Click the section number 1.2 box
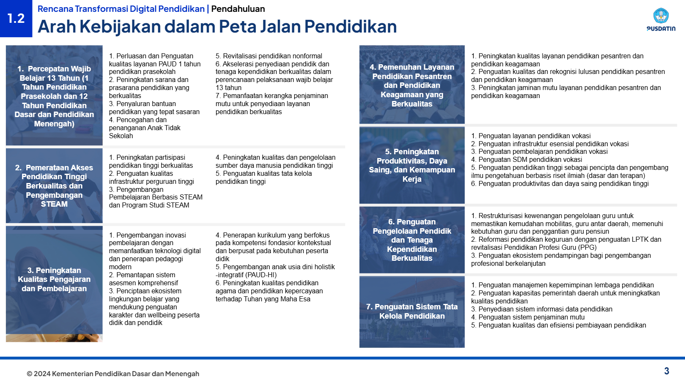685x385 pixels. click(16, 18)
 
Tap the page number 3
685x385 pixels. click(666, 371)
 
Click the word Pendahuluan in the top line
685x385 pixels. click(238, 9)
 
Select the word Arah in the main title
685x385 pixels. click(57, 27)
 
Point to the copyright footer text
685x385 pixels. click(113, 374)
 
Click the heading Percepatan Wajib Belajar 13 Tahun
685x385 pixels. click(54, 96)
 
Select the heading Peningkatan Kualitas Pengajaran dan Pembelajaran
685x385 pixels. click(54, 279)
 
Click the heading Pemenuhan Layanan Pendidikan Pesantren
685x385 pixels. click(412, 85)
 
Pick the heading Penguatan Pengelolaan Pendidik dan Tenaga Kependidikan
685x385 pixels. click(412, 240)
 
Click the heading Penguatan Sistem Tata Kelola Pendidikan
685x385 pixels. click(412, 311)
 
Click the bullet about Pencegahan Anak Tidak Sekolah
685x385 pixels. click(145, 128)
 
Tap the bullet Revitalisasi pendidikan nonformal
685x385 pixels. click(269, 56)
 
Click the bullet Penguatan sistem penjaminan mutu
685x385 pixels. click(528, 317)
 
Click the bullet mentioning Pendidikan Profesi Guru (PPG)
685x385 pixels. click(534, 248)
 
